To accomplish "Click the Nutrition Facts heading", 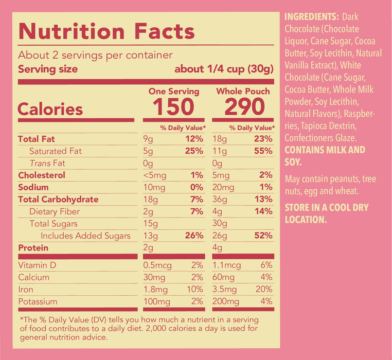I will (106, 32).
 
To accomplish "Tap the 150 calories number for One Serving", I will (173, 107).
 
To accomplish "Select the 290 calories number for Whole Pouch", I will (244, 107).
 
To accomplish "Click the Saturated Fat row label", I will (56, 151).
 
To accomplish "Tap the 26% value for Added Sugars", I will (193, 236).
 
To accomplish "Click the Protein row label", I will (33, 248).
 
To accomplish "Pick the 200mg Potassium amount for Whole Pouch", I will (226, 301).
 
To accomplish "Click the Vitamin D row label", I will (37, 265).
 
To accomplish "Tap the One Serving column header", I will (174, 92).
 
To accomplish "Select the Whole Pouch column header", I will (243, 92).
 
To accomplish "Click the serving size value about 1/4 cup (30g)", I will (223, 69).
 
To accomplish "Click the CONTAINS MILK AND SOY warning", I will (325, 156).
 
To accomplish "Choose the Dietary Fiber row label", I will (55, 211).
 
